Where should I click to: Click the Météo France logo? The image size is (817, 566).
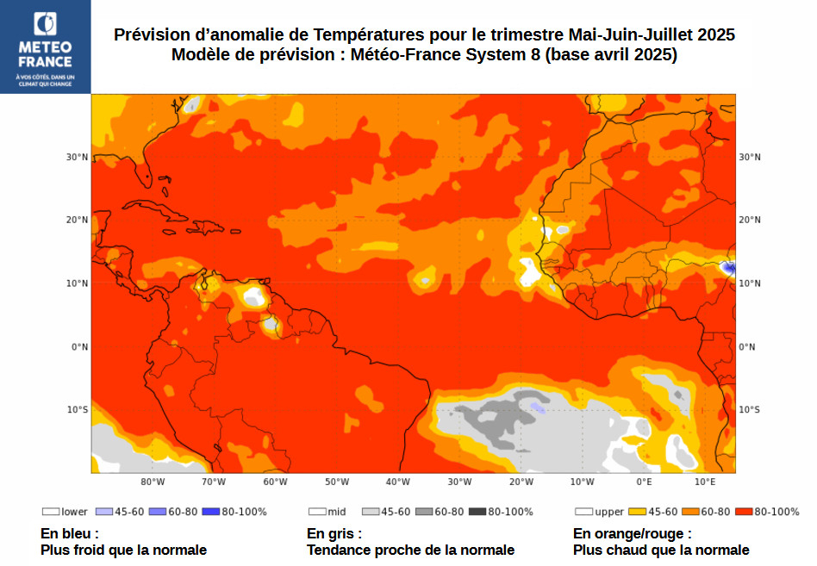pos(45,47)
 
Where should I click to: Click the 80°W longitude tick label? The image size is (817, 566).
pos(153,482)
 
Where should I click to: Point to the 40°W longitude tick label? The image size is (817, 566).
pos(397,482)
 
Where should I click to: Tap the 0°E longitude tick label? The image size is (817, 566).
pos(644,482)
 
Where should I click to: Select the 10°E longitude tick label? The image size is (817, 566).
pos(705,482)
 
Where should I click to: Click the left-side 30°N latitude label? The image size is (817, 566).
pos(78,157)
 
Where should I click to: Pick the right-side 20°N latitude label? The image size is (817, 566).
pos(749,220)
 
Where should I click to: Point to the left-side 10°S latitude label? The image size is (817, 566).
pos(78,409)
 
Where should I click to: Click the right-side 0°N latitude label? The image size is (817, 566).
pos(747,346)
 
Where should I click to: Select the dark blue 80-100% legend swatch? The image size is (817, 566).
pos(210,512)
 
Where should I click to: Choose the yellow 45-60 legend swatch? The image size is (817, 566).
pos(637,512)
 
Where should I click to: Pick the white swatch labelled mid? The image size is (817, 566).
pos(316,512)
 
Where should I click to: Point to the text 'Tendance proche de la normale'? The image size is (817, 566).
pos(410,550)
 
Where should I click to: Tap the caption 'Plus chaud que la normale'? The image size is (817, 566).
pos(661,550)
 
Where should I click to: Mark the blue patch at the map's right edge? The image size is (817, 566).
pos(730,269)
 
